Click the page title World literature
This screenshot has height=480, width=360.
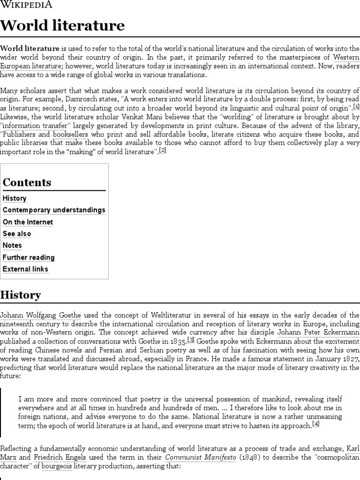tap(62, 25)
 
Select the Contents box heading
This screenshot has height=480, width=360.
tap(27, 182)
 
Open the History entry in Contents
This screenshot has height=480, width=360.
tap(15, 198)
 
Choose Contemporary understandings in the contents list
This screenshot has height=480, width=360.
tap(54, 210)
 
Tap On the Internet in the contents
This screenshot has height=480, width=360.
tap(28, 222)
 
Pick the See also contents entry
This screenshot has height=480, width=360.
tap(17, 233)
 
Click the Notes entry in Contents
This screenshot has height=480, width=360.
tap(12, 245)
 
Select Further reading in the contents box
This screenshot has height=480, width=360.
tap(29, 257)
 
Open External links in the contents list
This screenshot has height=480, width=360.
tap(25, 269)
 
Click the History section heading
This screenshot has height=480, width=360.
tap(21, 295)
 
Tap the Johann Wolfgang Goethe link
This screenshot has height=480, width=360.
tap(41, 315)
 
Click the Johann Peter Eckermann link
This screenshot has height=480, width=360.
tap(318, 333)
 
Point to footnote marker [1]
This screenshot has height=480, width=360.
tap(356, 107)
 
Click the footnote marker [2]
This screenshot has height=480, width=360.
tap(163, 150)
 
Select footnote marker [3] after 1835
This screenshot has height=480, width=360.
tap(191, 340)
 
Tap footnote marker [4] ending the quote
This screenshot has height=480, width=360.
tap(316, 424)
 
